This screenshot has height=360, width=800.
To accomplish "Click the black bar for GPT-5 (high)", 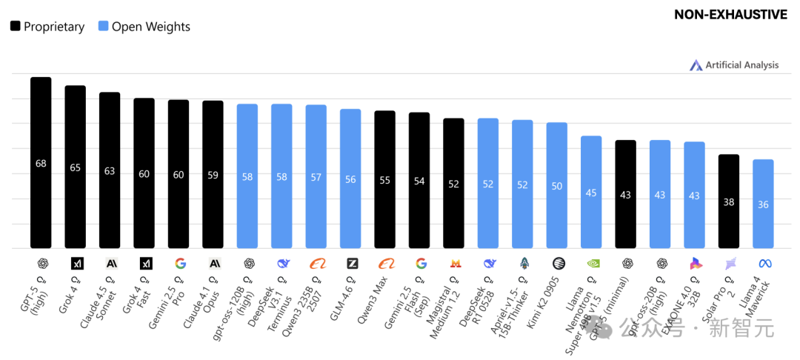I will coord(41,163).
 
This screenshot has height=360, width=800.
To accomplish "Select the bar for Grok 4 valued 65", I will coord(76,167).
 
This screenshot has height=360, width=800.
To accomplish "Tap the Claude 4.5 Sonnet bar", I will coord(110,170).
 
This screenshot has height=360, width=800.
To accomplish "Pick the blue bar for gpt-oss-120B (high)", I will coord(247,176).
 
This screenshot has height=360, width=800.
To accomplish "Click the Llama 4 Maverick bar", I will coord(763,204).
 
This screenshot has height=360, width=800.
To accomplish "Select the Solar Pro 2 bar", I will coord(729,201).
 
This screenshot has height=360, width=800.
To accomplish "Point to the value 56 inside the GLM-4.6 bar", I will coord(350,179).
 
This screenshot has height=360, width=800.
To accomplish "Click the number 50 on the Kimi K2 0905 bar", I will coord(557,186).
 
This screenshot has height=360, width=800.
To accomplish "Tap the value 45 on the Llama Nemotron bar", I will coord(591,193).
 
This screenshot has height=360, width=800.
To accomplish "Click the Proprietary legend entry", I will coord(47,27).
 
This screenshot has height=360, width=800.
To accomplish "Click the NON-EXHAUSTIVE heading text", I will coord(730,15).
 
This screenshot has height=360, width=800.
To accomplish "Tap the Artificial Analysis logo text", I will coord(741,65).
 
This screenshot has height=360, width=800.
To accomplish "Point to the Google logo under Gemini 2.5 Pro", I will coord(179,263).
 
